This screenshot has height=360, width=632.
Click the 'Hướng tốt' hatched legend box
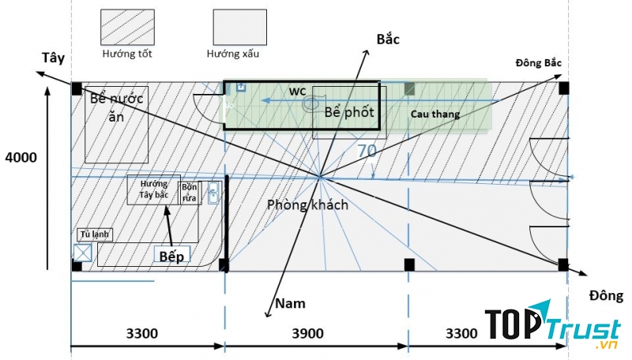tap(126, 28)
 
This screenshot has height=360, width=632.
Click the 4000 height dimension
tap(21, 158)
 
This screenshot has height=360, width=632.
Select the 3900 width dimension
tap(307, 333)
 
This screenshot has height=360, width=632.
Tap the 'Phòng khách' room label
tap(307, 204)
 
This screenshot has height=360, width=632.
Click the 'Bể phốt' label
tap(348, 112)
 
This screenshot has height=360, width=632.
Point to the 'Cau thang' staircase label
tap(434, 114)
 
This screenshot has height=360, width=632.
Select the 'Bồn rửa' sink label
tap(190, 193)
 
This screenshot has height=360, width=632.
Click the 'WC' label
tap(297, 92)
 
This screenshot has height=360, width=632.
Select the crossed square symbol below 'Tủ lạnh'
tap(81, 253)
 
